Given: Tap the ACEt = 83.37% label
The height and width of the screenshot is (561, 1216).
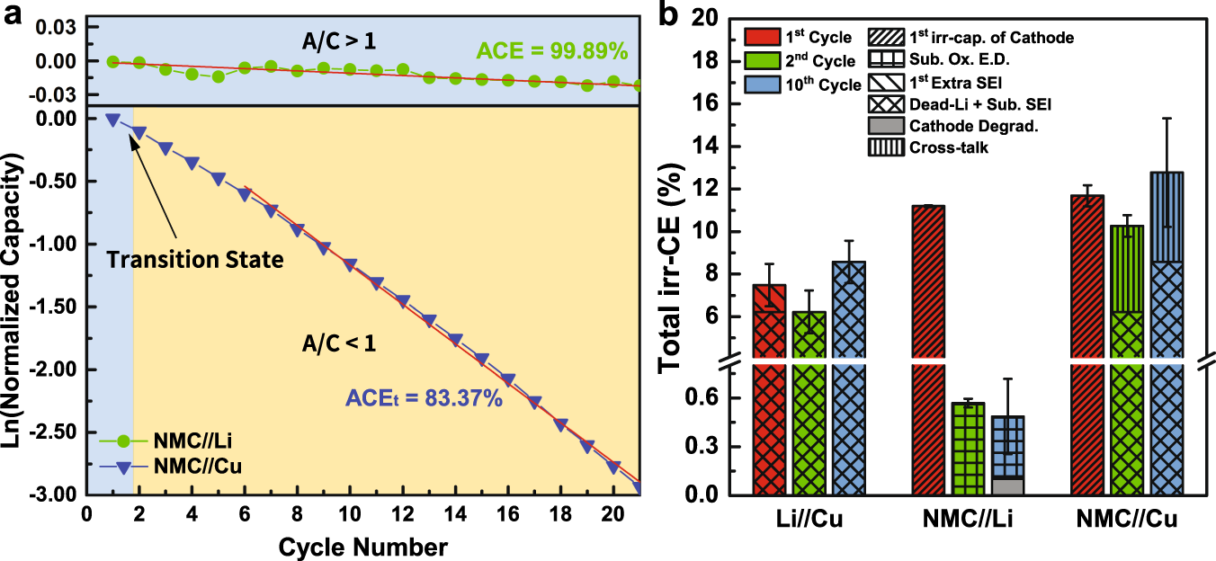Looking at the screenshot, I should [x=425, y=398].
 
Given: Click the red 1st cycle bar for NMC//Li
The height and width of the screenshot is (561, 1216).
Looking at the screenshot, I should [x=928, y=351].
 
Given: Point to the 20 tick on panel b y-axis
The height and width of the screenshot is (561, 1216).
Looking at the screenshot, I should [x=716, y=18].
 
